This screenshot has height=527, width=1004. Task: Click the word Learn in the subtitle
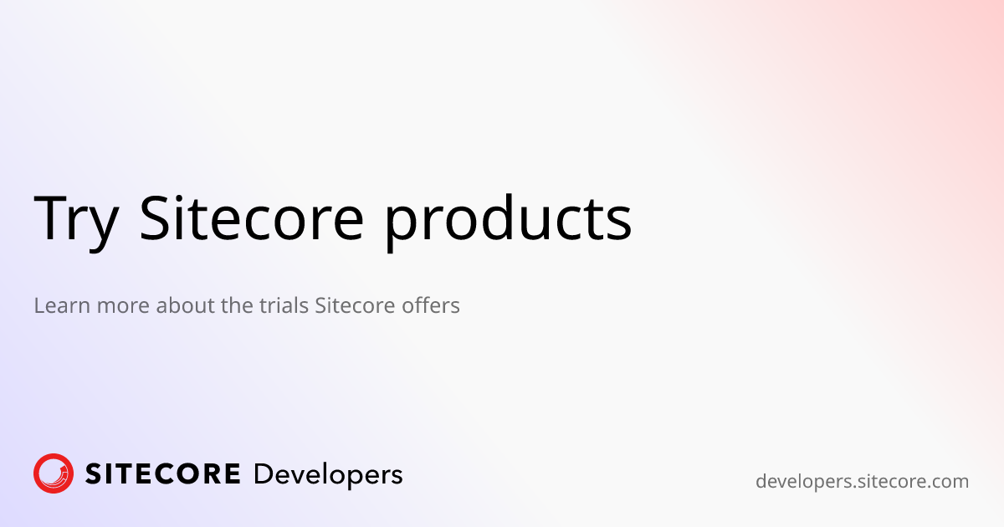click(x=62, y=305)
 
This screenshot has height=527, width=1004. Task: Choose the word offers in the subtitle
click(x=430, y=305)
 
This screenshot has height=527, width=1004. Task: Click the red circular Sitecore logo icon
click(x=54, y=473)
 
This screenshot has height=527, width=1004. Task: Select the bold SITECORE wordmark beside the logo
click(x=163, y=474)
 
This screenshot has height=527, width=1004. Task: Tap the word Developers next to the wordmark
click(x=327, y=475)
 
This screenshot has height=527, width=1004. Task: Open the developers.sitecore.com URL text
click(x=862, y=481)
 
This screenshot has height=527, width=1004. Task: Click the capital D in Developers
click(x=262, y=474)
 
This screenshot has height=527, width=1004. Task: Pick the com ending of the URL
click(x=950, y=481)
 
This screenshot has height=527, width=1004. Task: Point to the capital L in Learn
click(x=38, y=305)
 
